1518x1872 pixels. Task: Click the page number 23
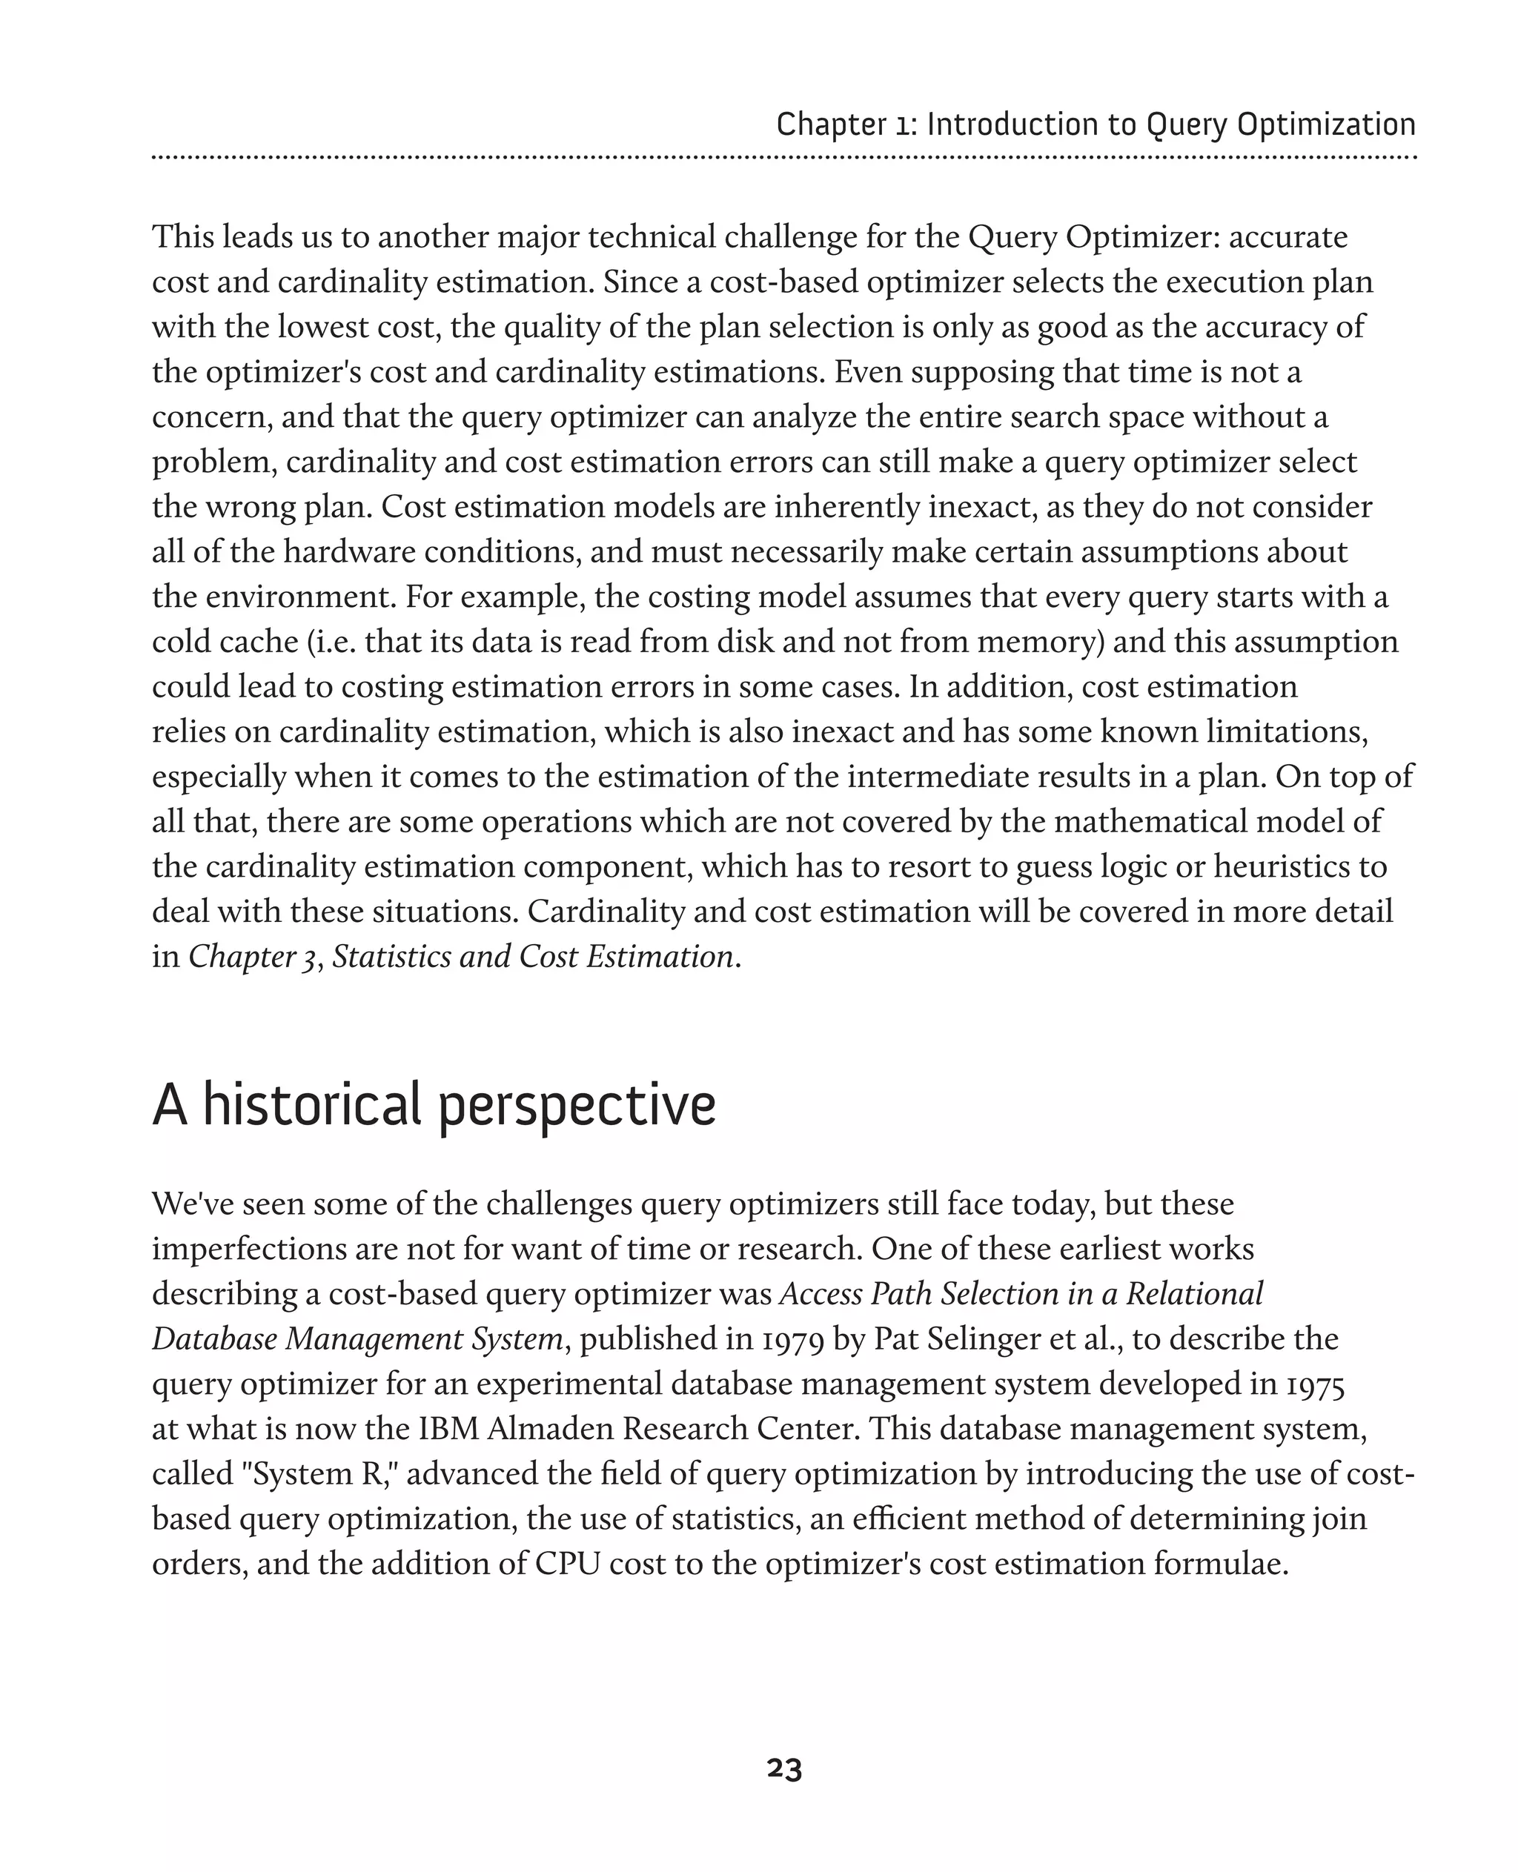783,1769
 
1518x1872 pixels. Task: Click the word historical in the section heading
312,1105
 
